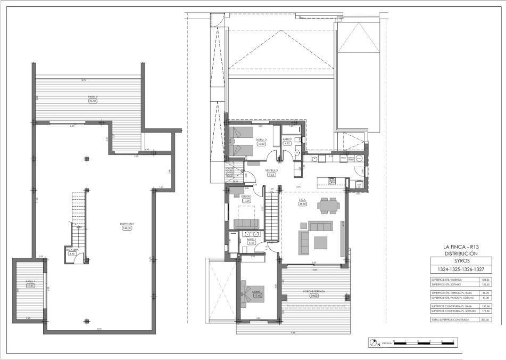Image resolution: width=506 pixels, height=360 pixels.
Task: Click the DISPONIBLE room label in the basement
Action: pyautogui.click(x=127, y=224)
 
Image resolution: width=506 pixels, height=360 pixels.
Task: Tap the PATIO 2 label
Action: pyautogui.click(x=93, y=96)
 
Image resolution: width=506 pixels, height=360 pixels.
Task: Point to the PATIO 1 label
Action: pyautogui.click(x=30, y=281)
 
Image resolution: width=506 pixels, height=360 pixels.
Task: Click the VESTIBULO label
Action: pyautogui.click(x=271, y=170)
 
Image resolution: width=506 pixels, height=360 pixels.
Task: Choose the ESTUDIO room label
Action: pyautogui.click(x=246, y=197)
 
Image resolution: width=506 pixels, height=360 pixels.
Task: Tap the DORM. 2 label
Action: pyautogui.click(x=261, y=140)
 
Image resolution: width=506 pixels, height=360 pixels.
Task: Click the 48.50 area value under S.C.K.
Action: pyautogui.click(x=303, y=203)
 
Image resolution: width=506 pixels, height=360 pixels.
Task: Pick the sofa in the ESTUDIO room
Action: pyautogui.click(x=247, y=223)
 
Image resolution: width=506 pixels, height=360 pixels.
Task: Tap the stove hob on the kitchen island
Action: pyautogui.click(x=331, y=181)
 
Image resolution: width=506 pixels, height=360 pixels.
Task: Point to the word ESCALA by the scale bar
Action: pyautogui.click(x=387, y=343)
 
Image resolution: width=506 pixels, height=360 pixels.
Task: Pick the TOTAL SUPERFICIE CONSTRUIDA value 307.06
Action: pyautogui.click(x=484, y=319)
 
